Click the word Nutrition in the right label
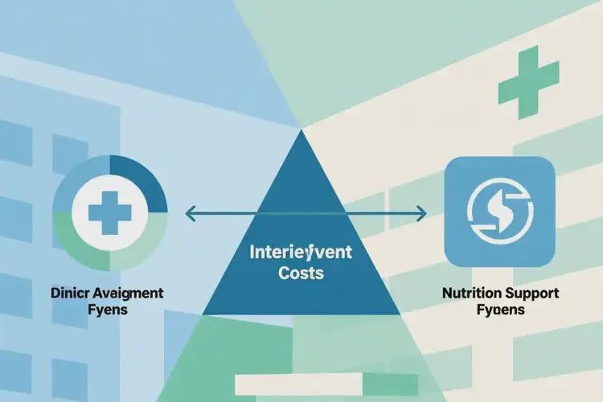coord(470,293)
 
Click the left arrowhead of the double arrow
coord(189,214)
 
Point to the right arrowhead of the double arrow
coord(422,214)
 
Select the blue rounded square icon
coord(499,211)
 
